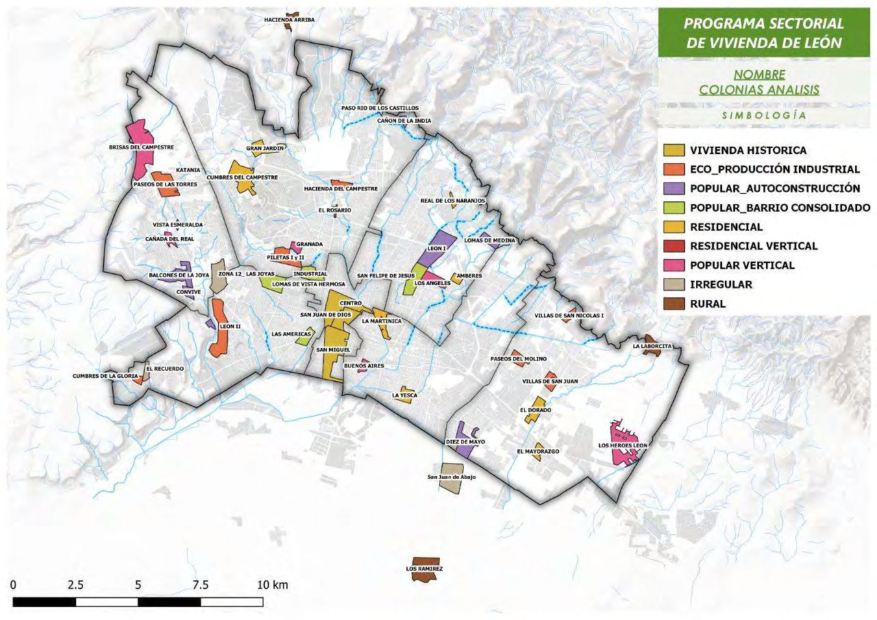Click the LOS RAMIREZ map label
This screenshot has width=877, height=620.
424,569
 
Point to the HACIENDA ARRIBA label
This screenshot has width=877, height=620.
289,20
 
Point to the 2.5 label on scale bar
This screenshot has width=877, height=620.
75,586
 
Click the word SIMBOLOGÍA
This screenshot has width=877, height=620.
763,116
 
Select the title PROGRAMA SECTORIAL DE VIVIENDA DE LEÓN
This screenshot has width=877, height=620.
764,33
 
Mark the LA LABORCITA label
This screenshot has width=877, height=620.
652,347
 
